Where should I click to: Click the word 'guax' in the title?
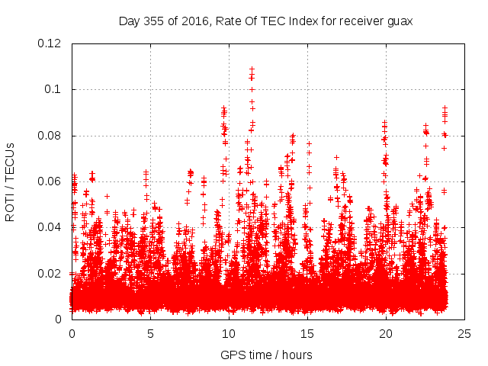[396, 21]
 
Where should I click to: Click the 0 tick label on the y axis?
[63, 319]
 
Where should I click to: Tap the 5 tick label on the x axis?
[150, 333]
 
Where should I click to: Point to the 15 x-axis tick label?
[307, 333]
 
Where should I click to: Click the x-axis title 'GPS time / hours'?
[266, 355]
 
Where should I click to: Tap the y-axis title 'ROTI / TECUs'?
[11, 182]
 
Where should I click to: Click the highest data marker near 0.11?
[252, 69]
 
